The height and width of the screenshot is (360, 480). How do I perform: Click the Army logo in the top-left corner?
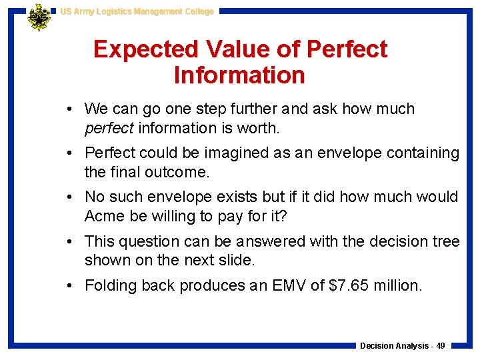[x=39, y=17]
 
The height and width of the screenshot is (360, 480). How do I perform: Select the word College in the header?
[x=196, y=11]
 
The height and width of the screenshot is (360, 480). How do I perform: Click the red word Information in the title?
[x=239, y=75]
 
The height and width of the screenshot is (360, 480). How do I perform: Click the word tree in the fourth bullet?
[x=446, y=241]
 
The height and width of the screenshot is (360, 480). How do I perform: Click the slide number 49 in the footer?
[x=441, y=345]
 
